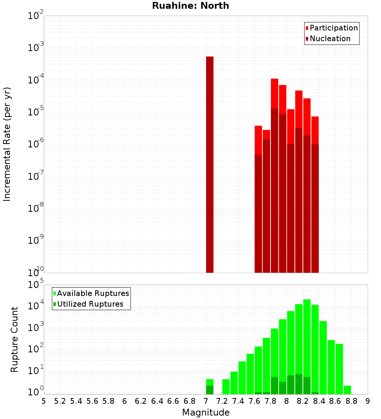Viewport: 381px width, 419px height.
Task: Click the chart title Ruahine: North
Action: [190, 6]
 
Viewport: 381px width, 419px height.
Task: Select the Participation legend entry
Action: [333, 28]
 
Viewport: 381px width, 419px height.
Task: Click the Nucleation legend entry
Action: [330, 38]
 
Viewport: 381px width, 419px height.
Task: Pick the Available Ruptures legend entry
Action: [93, 293]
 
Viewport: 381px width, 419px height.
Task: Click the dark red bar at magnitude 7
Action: [210, 164]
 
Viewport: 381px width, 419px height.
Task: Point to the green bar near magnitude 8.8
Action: [347, 390]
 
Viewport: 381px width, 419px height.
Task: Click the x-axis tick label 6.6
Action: [173, 401]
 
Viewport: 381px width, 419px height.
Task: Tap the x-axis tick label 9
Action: [368, 401]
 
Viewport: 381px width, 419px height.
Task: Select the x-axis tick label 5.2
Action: [60, 401]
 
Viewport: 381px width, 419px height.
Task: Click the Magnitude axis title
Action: [206, 413]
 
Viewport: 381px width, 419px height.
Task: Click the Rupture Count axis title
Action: [14, 339]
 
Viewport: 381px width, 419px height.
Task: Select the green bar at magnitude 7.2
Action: [226, 387]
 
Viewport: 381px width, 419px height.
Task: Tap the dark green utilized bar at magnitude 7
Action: [210, 390]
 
